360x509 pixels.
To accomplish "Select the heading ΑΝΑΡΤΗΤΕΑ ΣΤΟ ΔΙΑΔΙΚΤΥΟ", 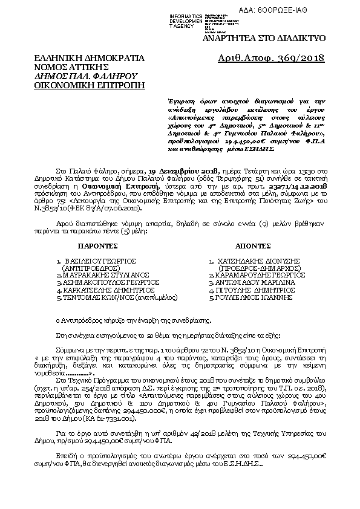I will click(x=273, y=38).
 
